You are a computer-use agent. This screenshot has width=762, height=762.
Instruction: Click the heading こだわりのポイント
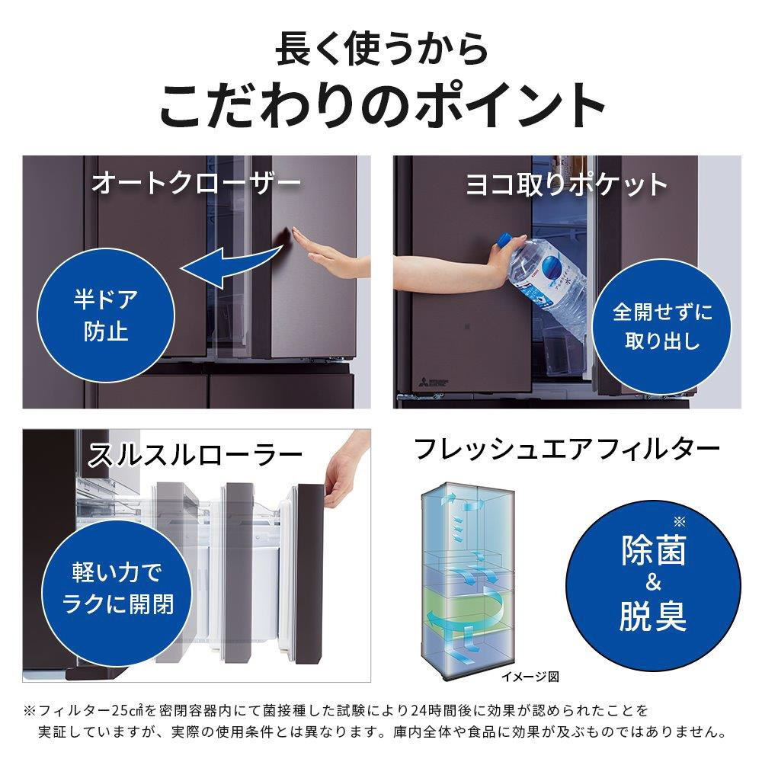[383, 105]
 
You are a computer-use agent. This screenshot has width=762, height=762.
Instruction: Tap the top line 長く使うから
[382, 49]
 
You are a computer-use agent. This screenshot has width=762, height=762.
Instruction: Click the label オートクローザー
[197, 184]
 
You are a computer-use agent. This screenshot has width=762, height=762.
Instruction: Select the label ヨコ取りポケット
[567, 185]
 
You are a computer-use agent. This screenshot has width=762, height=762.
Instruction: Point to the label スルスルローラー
[194, 456]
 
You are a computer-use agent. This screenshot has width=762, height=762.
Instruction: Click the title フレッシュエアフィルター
[566, 449]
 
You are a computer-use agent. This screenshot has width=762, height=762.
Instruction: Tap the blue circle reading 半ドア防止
[106, 315]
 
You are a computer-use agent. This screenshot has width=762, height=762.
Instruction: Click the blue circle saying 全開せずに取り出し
[662, 327]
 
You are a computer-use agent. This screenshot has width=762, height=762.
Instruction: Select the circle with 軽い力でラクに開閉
[117, 589]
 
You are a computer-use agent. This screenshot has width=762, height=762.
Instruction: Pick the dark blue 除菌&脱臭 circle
[653, 585]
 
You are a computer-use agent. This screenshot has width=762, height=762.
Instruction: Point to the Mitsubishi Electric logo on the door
[433, 383]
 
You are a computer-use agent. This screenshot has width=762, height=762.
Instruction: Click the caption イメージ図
[530, 677]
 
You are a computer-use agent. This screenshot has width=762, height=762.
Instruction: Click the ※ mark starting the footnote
[29, 711]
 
